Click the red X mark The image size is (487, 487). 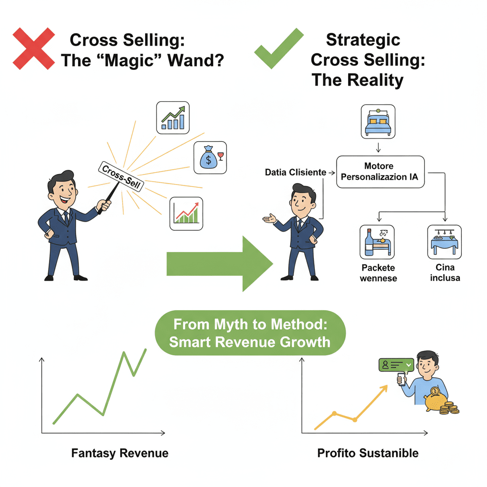click(33, 49)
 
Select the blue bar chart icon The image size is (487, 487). click(173, 117)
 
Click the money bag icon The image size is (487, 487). click(209, 157)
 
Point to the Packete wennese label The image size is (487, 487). click(378, 273)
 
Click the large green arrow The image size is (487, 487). click(219, 263)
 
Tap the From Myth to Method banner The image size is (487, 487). click(250, 333)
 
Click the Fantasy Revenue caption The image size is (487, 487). click(119, 453)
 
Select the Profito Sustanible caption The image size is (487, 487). click(368, 453)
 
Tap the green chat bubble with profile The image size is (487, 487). click(395, 365)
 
